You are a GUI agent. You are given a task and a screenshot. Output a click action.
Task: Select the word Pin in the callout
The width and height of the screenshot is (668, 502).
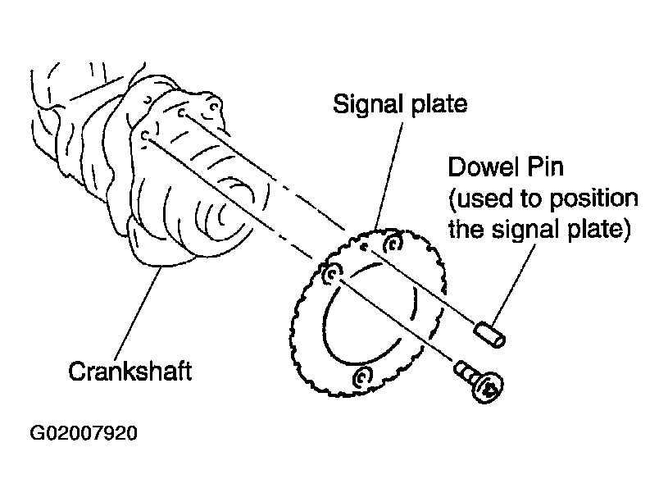pos(547,167)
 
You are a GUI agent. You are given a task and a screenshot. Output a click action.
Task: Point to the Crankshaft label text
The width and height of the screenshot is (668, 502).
pos(130,371)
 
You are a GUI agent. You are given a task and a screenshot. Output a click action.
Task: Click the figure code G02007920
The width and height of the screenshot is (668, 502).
pos(84,433)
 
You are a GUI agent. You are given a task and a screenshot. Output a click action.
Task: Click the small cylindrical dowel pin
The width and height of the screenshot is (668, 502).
pos(489,335)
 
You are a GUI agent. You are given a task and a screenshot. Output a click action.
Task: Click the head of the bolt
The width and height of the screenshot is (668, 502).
pos(489,388)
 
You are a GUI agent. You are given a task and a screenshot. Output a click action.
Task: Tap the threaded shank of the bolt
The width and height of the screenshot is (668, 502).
pos(465,372)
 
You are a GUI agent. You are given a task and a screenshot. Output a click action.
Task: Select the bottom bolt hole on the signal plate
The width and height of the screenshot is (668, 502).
pos(362,376)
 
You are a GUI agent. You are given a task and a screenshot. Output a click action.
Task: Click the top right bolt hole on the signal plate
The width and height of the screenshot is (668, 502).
pos(393,244)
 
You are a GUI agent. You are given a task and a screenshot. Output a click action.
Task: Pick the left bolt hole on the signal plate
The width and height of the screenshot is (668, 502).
pos(331,274)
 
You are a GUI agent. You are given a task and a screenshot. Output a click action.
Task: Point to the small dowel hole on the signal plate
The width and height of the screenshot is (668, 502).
pos(363,247)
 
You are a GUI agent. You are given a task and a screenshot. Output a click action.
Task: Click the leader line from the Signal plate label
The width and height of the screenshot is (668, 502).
pos(389,176)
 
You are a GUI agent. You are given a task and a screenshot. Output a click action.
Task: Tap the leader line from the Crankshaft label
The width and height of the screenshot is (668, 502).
pos(139,313)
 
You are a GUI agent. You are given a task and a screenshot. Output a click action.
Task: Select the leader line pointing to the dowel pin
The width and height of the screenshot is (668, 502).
pos(514,284)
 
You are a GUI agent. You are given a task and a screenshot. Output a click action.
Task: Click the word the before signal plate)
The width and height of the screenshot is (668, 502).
pos(466,230)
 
